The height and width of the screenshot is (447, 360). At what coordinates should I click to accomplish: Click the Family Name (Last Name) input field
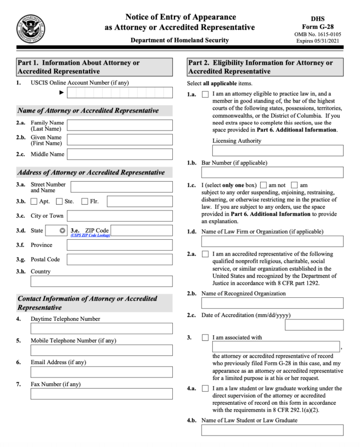(120, 126)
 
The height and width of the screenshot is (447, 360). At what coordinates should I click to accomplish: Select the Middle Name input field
(120, 154)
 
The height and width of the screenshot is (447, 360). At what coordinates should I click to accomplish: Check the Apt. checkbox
(34, 201)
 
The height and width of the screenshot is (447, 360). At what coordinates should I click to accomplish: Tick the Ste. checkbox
(60, 201)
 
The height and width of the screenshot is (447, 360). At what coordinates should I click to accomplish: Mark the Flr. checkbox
(85, 201)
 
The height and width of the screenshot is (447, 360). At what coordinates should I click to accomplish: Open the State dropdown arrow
(62, 231)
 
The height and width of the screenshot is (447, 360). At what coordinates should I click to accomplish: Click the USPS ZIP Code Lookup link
(90, 235)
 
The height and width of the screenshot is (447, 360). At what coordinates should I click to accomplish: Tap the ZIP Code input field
(142, 231)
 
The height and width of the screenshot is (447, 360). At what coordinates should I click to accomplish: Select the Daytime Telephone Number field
(102, 329)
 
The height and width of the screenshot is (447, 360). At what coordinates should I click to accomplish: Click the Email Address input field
(102, 372)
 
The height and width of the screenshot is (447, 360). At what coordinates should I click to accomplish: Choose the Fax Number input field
(102, 394)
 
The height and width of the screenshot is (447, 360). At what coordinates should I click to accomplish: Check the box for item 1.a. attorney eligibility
(205, 94)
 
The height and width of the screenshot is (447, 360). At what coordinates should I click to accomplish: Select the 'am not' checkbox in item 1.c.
(263, 185)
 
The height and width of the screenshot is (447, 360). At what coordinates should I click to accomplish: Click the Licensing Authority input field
(272, 151)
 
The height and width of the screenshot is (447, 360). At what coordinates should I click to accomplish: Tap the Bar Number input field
(272, 172)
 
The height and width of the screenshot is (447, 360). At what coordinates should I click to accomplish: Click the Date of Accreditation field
(314, 325)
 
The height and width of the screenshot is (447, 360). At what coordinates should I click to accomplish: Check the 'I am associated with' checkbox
(205, 338)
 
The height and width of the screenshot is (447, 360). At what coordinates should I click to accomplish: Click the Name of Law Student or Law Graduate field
(272, 430)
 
